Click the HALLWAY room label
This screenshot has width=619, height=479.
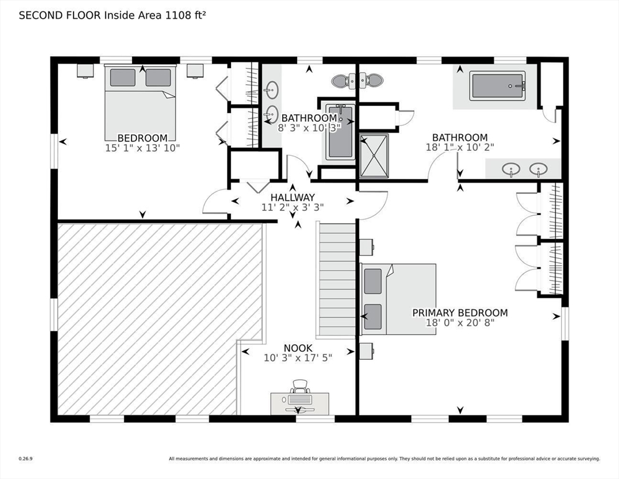coord(293,197)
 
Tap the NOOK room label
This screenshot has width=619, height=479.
coord(298,348)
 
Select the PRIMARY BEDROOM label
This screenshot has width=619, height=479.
coord(460,313)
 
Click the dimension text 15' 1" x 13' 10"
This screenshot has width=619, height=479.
coord(143,148)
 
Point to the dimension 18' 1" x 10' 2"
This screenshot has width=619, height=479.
coord(460,147)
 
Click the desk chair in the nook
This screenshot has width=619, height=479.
coord(300,385)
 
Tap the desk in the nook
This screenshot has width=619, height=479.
coord(300,404)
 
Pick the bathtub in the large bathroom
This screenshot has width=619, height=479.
coord(498,86)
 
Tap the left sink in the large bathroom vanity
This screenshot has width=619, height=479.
coord(511,169)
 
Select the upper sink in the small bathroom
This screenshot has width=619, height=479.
coord(272,89)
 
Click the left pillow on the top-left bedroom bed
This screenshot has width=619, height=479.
coord(123,77)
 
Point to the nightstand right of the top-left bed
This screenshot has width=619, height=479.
coord(195,71)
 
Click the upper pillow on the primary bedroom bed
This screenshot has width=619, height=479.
coord(372,281)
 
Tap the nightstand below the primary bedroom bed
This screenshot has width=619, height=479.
coord(367,351)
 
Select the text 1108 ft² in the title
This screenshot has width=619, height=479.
coord(184,16)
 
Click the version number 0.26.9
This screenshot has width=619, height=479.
coord(26,459)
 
